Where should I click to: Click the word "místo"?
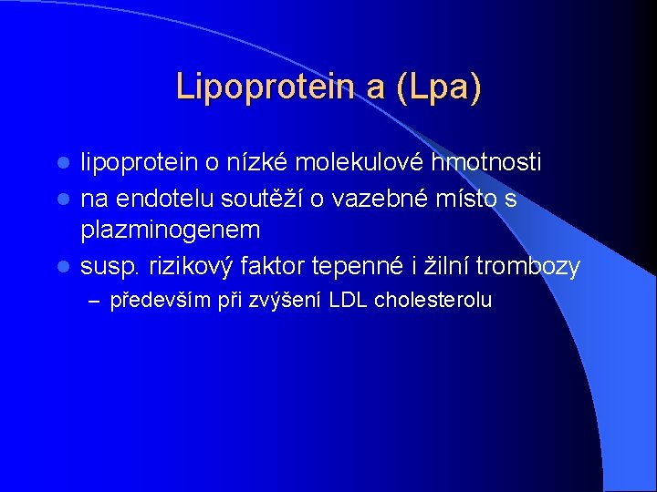pos(455,198)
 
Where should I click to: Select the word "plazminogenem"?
pos(171,230)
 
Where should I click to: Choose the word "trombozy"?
pos(527,266)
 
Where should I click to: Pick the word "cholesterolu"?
pos(433,300)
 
